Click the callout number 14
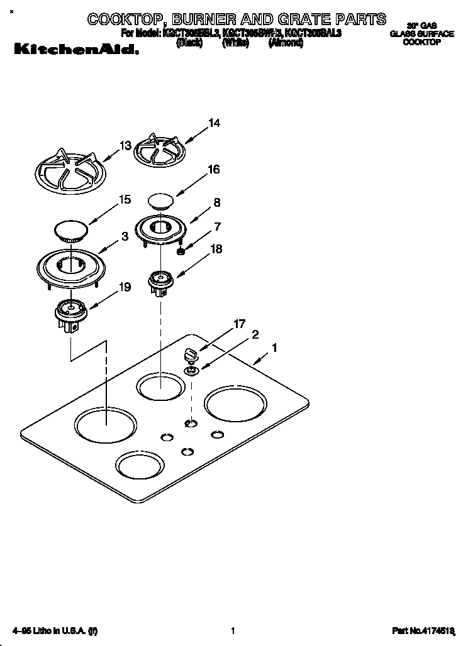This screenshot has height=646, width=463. (215, 123)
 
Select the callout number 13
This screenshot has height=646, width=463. (125, 145)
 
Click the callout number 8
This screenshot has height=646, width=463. (216, 202)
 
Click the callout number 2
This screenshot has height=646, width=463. (255, 334)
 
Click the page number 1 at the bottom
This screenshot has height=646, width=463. (233, 630)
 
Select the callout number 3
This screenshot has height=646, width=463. (125, 236)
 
